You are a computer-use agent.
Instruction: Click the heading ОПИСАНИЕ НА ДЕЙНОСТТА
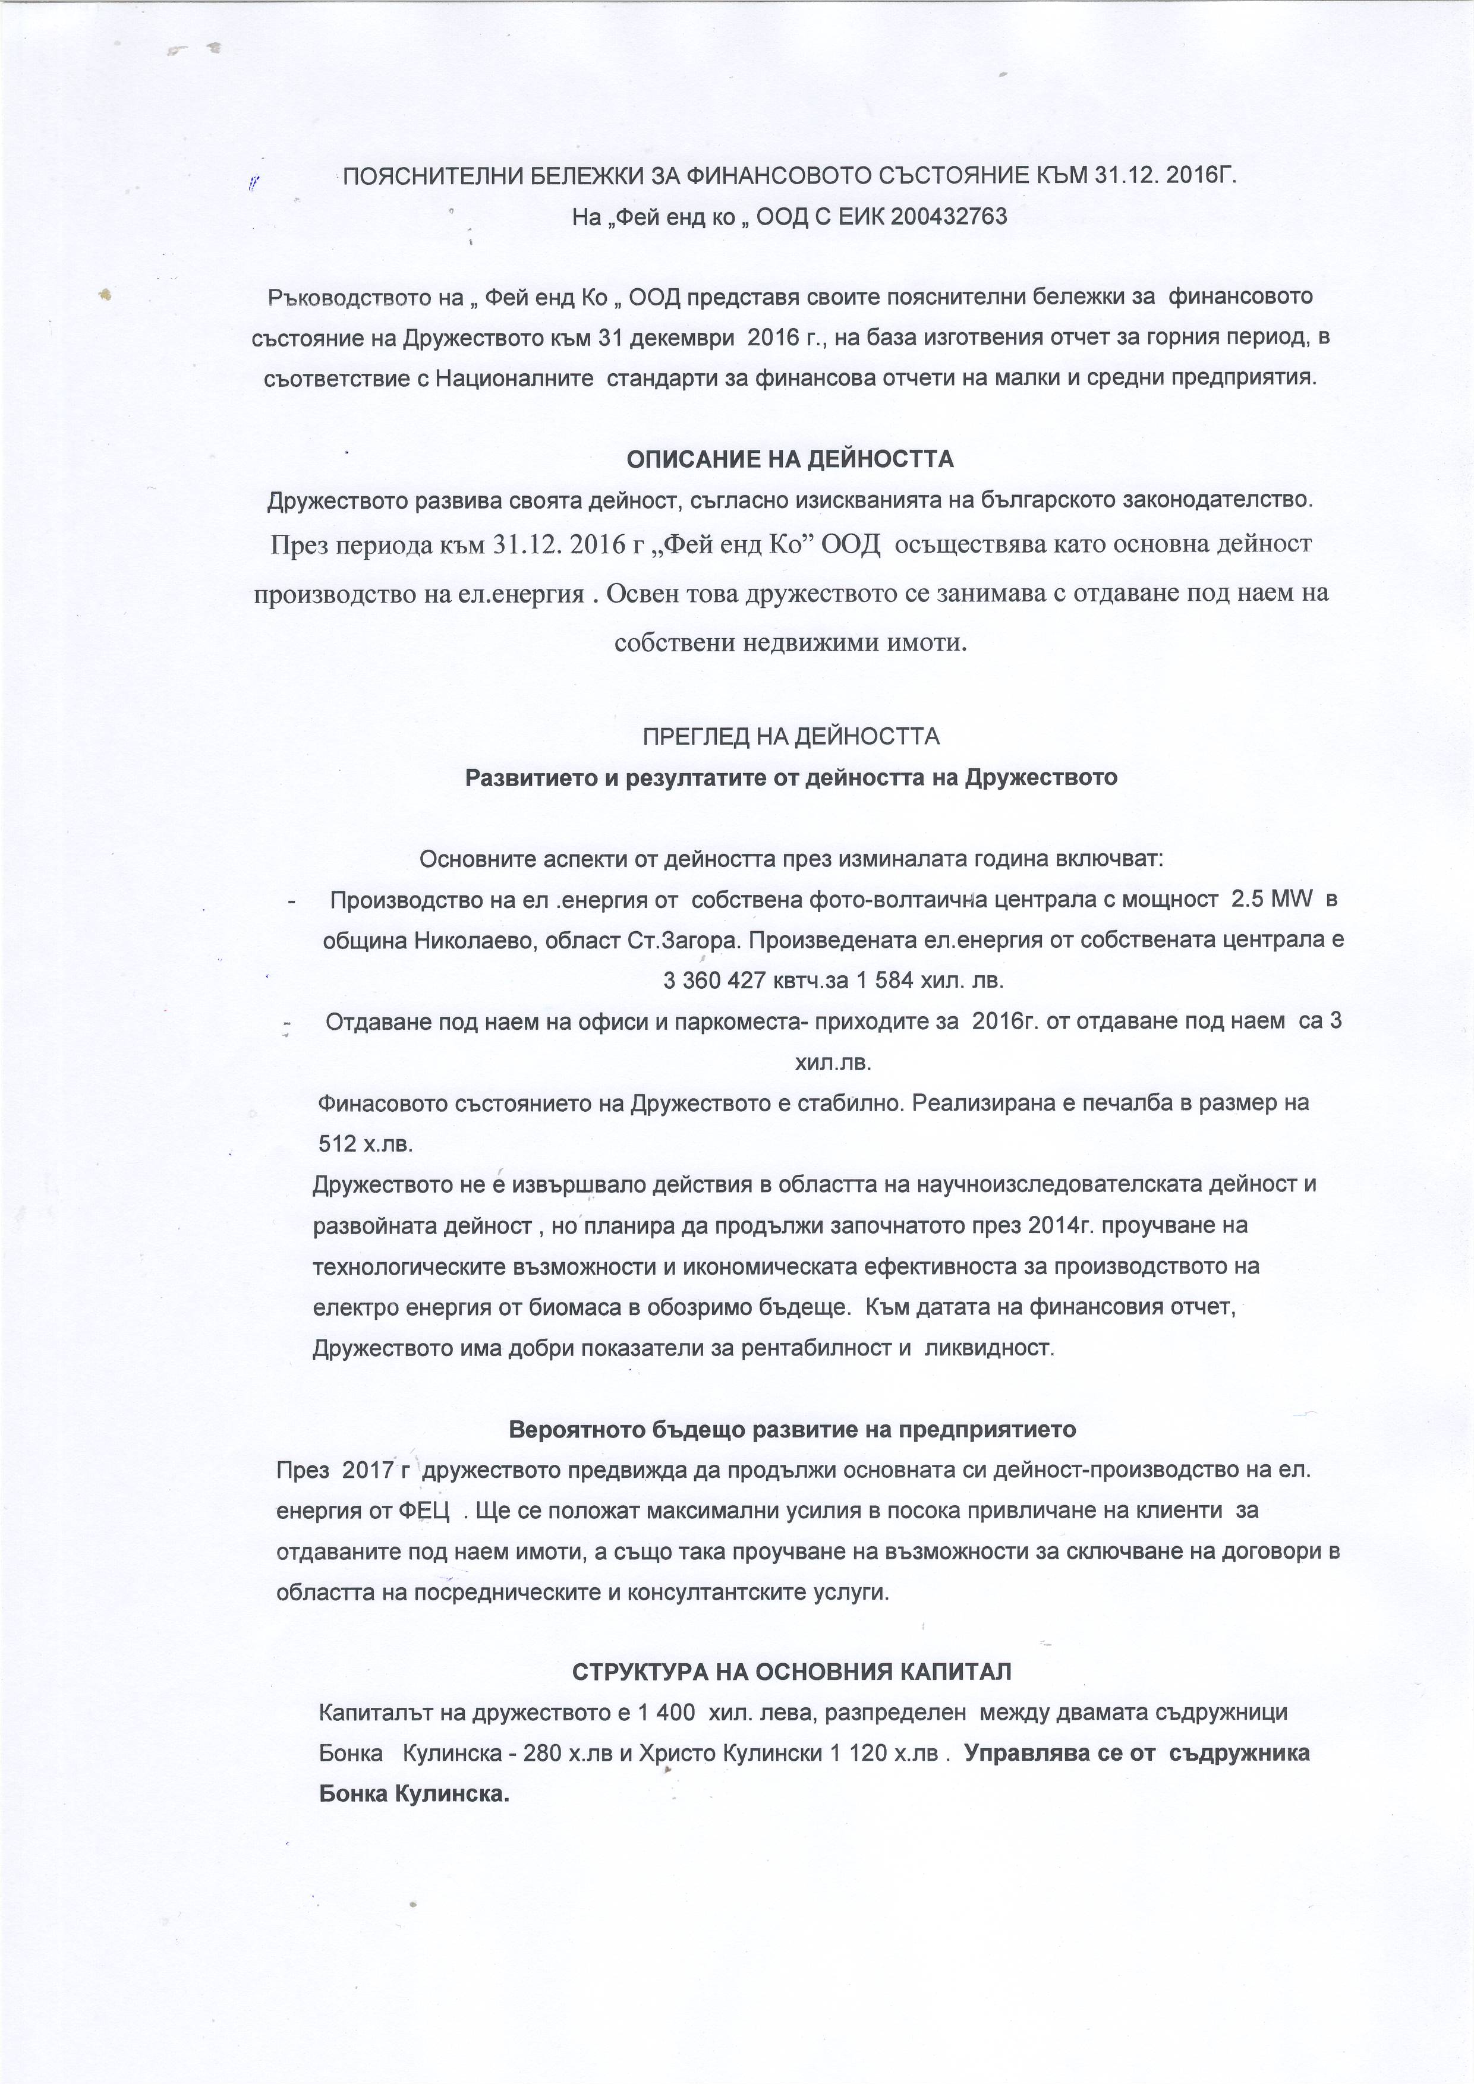point(790,459)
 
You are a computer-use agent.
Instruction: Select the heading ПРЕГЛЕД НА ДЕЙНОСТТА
point(790,736)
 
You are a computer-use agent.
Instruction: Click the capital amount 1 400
point(667,1713)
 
